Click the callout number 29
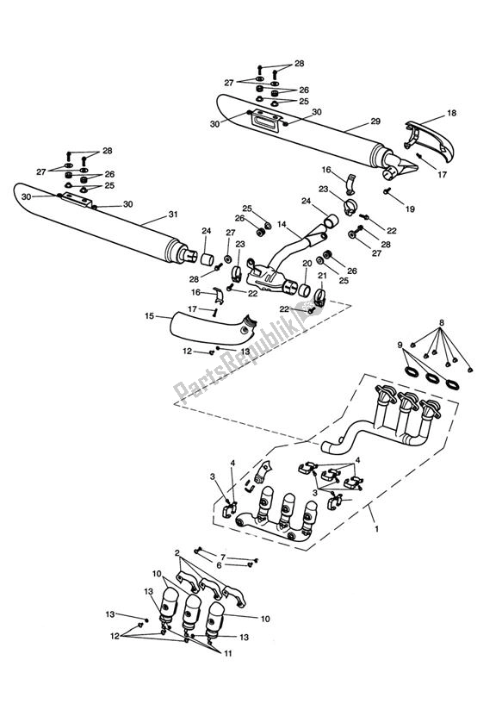375,121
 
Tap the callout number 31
173,215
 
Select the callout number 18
452,113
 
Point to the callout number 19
410,209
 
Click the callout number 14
282,224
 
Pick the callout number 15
150,316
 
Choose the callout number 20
307,264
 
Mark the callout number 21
322,276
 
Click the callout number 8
442,323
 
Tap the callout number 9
400,345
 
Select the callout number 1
376,528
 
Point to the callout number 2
177,553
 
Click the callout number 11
227,653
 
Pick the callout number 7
223,557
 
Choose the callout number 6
219,565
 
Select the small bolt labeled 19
387,191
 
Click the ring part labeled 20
303,290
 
